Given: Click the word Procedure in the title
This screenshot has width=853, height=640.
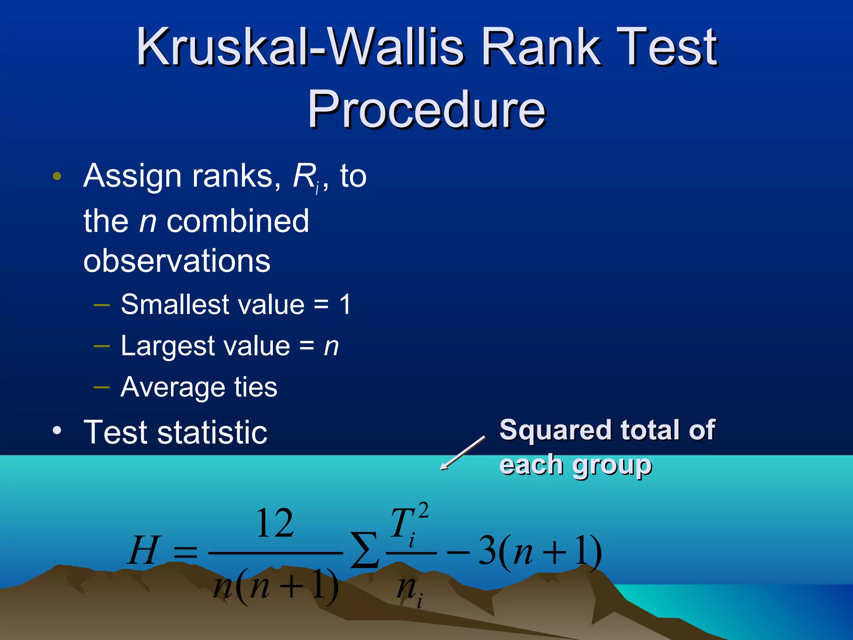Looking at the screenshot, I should click(x=426, y=109).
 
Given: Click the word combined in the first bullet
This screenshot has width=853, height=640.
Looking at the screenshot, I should click(x=238, y=221).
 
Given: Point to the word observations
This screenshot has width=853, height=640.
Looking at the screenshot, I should click(x=177, y=261).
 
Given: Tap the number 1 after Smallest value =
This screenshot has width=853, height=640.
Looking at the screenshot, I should click(x=345, y=304).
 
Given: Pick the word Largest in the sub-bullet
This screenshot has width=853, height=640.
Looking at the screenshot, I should click(x=164, y=347).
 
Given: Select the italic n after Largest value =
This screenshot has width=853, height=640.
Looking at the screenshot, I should click(x=332, y=347).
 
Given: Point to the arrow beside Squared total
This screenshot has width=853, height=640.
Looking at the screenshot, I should click(x=462, y=453).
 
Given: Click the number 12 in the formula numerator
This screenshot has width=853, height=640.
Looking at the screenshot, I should click(x=275, y=523).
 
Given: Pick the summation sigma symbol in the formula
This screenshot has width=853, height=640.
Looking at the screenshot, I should click(x=364, y=551).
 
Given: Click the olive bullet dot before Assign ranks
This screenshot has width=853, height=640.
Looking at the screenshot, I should click(x=57, y=176).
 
